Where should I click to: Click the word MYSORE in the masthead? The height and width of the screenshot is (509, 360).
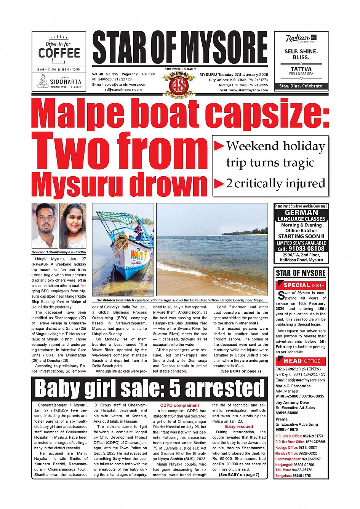pos(224,48)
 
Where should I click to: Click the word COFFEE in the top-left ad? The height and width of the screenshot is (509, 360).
pos(59,53)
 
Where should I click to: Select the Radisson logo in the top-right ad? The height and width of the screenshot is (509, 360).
pos(298,38)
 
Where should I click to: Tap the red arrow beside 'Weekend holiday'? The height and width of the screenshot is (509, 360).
pos(219,146)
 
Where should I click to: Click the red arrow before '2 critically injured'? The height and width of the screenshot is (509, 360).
pos(219,184)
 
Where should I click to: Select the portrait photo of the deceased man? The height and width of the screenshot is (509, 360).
pos(45,225)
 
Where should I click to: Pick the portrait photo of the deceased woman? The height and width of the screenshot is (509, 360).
pos(73,225)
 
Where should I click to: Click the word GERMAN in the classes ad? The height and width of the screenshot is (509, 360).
pos(301,213)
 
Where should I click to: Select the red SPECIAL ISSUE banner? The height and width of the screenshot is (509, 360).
pos(301,285)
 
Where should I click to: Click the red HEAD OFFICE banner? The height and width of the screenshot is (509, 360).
pos(301,361)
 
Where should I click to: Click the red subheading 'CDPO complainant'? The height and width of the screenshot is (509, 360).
pos(179,405)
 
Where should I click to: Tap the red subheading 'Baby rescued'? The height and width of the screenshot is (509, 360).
pos(239,426)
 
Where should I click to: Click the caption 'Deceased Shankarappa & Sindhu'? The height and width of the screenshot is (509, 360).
pos(59,252)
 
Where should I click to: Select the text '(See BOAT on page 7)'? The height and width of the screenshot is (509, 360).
pos(241,371)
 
